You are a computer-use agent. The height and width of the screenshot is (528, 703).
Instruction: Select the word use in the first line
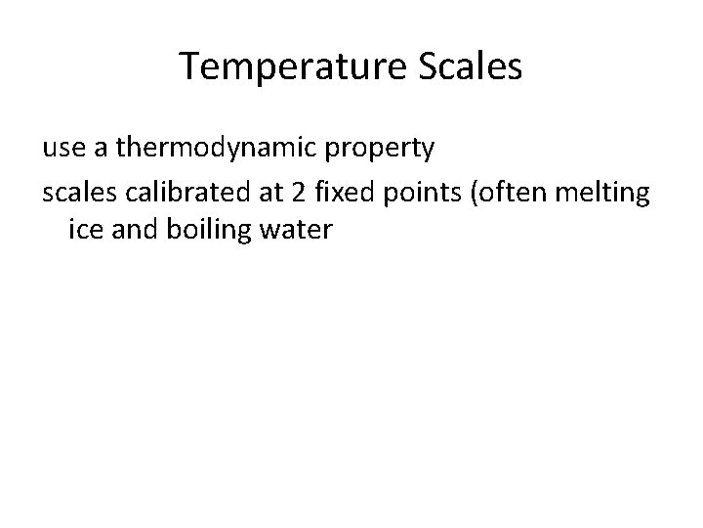[x=63, y=150]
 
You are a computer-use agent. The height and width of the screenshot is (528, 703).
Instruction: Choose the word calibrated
[x=186, y=193]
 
